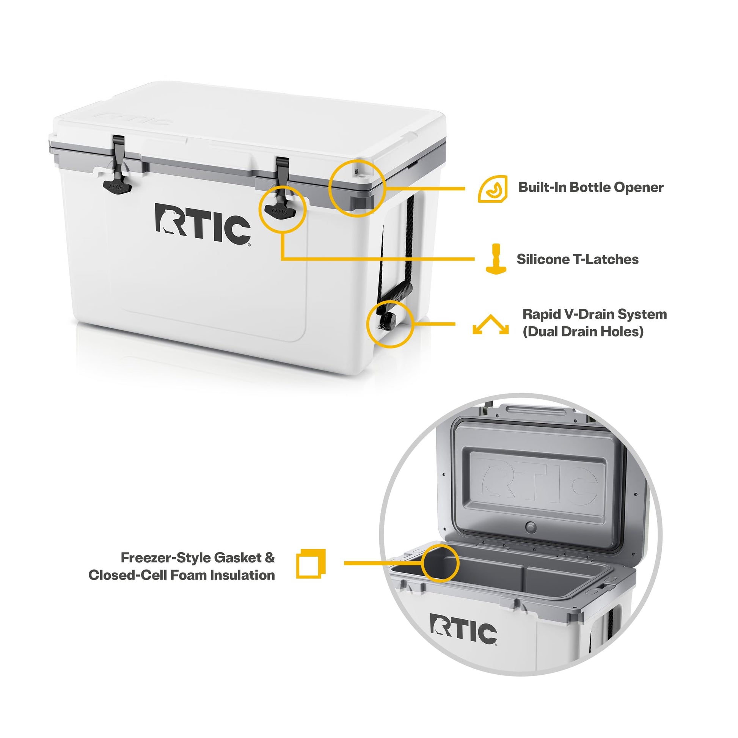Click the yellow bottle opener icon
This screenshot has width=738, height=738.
pyautogui.click(x=493, y=189)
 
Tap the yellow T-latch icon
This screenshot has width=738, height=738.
pyautogui.click(x=496, y=259)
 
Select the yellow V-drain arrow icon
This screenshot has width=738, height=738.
pyautogui.click(x=490, y=325)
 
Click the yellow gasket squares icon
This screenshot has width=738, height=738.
pyautogui.click(x=311, y=564)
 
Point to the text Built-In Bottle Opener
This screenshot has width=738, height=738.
pyautogui.click(x=590, y=187)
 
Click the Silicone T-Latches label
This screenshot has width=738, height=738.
pyautogui.click(x=577, y=259)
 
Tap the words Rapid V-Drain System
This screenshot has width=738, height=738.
pyautogui.click(x=594, y=314)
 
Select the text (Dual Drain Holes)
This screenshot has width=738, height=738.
pyautogui.click(x=583, y=331)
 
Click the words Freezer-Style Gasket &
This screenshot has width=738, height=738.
pyautogui.click(x=198, y=558)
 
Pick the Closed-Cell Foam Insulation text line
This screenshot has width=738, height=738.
pyautogui.click(x=181, y=575)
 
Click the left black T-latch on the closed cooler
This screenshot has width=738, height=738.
pyautogui.click(x=117, y=186)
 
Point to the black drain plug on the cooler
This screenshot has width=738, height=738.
pyautogui.click(x=389, y=319)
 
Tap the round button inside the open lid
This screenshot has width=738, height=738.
pyautogui.click(x=531, y=528)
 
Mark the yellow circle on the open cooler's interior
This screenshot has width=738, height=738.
pyautogui.click(x=440, y=564)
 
